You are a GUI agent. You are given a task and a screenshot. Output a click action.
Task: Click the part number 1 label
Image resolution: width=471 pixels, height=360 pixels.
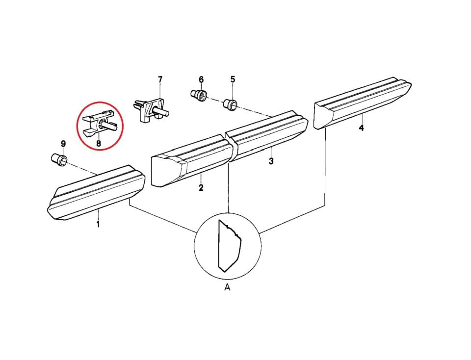(98, 224)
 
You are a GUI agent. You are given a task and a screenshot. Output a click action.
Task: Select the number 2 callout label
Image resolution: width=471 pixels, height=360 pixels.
(201, 188)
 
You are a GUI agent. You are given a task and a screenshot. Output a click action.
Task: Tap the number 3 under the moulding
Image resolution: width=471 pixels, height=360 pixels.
(271, 161)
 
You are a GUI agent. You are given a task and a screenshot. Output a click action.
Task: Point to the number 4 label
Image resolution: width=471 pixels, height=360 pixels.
(362, 128)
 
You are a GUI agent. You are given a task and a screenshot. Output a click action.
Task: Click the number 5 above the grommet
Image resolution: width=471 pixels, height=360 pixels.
(233, 79)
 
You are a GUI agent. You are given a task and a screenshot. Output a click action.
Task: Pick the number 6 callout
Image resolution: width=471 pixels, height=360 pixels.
(201, 79)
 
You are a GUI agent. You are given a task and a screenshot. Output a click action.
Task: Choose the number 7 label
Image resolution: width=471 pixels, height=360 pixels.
(160, 79)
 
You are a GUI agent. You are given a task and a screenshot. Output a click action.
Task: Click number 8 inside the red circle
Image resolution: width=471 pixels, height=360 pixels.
(99, 144)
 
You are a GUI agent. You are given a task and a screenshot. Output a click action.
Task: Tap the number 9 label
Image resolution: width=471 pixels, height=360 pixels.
(63, 144)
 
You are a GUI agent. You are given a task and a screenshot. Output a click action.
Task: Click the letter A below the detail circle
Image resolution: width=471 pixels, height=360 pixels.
(227, 287)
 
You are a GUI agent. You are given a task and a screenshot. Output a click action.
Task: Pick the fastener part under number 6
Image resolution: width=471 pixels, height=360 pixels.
(199, 94)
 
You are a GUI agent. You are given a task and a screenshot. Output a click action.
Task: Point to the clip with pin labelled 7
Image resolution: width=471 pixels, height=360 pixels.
(152, 109)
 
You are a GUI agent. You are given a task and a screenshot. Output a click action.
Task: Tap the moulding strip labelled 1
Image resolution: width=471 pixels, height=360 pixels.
(96, 192)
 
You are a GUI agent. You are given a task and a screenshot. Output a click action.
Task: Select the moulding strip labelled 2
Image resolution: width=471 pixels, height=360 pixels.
(192, 161)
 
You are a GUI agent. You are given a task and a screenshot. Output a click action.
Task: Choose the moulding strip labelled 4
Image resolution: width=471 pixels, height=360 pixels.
(363, 103)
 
